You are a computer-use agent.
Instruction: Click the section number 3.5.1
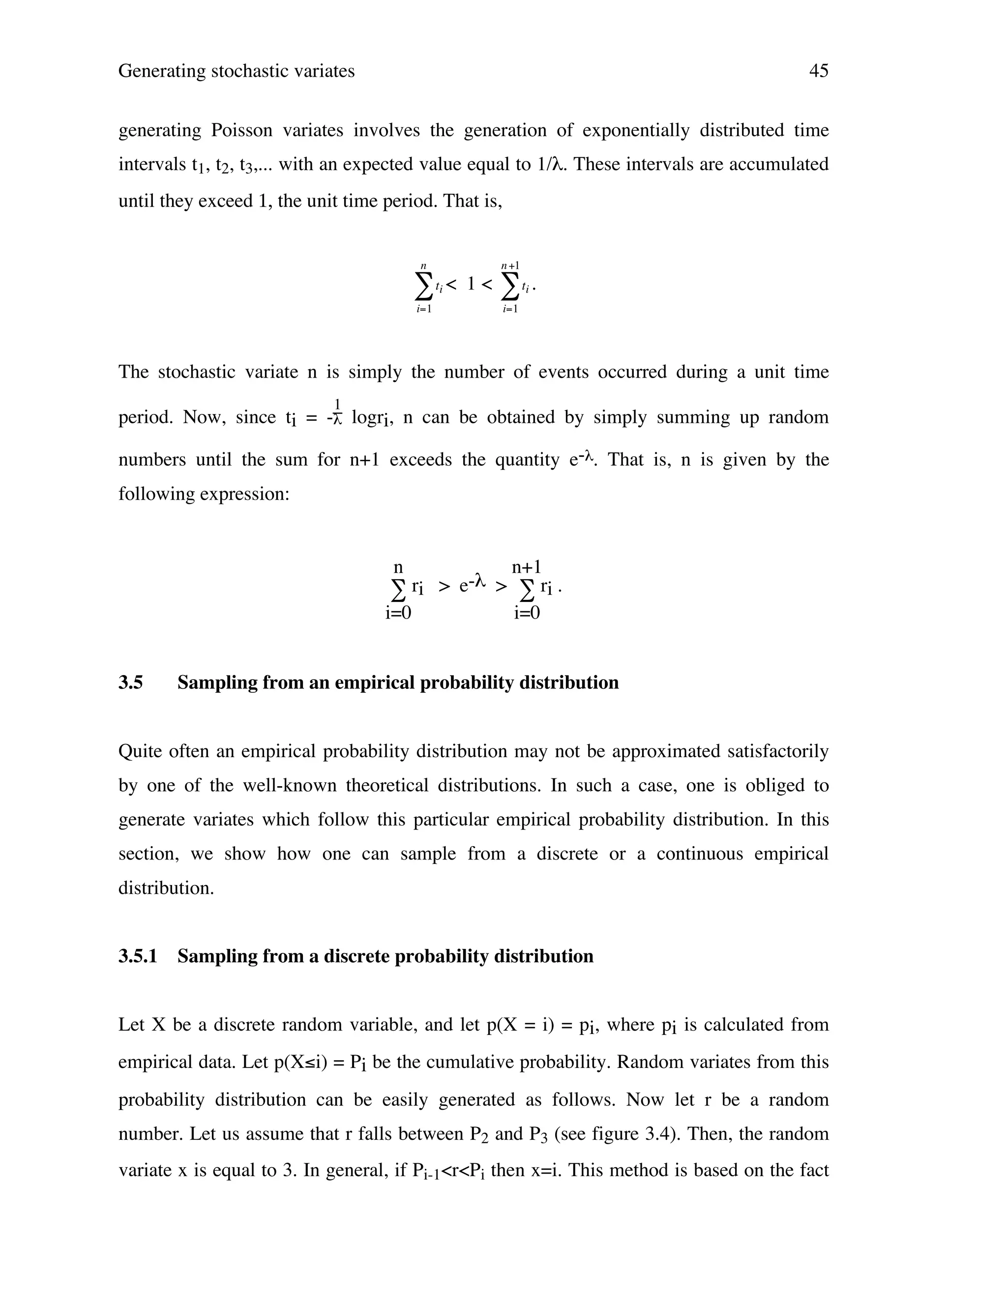(x=138, y=956)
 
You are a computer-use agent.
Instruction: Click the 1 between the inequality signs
(x=471, y=285)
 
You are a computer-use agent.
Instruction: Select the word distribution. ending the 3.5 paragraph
(x=166, y=888)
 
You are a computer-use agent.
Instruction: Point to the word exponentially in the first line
(x=635, y=130)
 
